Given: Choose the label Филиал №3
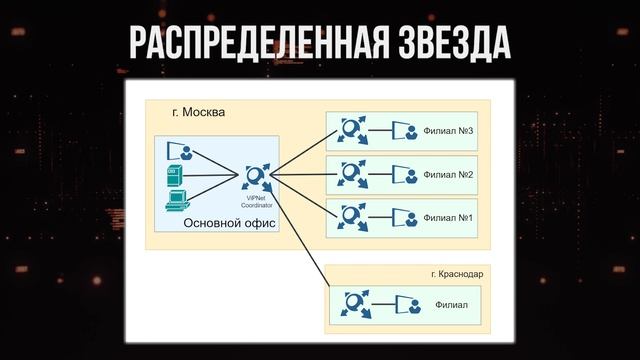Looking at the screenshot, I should pos(448,131).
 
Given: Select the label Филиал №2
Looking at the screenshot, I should pos(448,174).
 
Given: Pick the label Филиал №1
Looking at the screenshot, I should pos(448,216).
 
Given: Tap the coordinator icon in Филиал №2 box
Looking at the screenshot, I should pos(351,174).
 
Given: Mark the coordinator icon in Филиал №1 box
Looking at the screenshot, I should pos(351,216).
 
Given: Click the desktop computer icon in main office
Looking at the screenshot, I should pos(175,198).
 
